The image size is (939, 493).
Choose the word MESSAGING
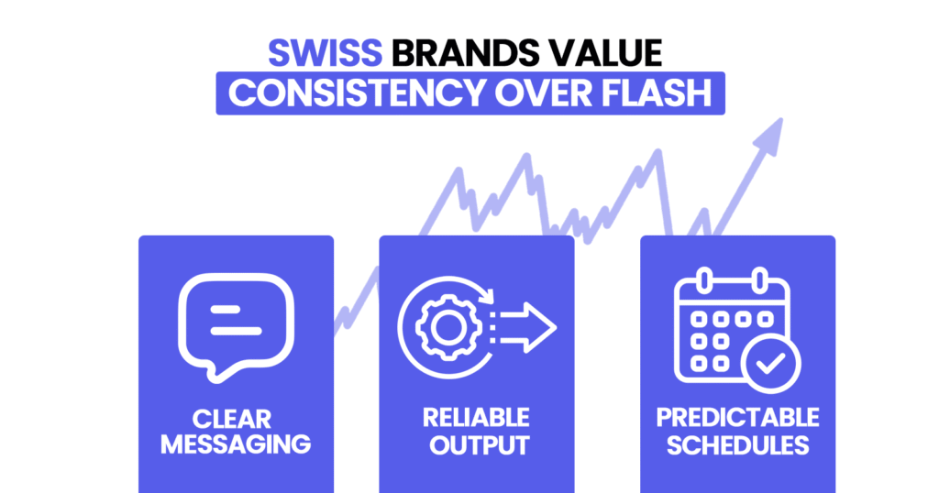click(x=236, y=445)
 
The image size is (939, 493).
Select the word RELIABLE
click(x=476, y=418)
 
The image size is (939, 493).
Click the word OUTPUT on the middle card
click(x=476, y=445)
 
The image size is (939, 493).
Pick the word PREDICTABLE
click(x=737, y=418)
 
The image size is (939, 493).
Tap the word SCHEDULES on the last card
click(x=737, y=445)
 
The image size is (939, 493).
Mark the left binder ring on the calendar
click(x=705, y=279)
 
